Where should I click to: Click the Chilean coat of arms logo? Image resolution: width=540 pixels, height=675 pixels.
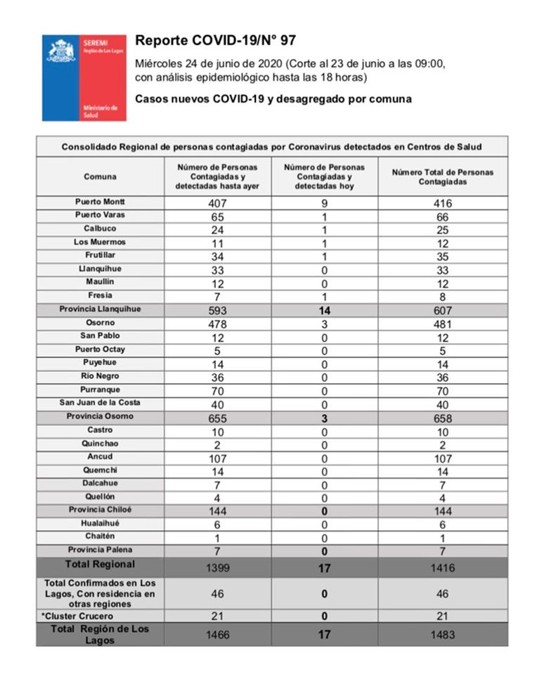[x=61, y=51]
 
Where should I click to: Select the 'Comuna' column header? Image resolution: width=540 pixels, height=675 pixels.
[x=100, y=176]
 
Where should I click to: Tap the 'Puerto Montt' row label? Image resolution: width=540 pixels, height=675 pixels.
[x=100, y=202]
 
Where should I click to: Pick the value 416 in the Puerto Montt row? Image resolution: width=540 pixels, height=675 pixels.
[x=442, y=203]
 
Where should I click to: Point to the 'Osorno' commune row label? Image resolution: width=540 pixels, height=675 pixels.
[x=100, y=323]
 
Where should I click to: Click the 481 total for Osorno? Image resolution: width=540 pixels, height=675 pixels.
[x=442, y=323]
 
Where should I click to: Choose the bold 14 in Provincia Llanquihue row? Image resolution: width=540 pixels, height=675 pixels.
[x=324, y=310]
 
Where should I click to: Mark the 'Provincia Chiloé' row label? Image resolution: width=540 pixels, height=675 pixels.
[x=100, y=510]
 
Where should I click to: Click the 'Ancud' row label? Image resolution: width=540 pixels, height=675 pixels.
[x=100, y=457]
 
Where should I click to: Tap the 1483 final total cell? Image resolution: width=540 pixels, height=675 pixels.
[x=442, y=634]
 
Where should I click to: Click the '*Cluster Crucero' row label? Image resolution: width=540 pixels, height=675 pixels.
[x=100, y=616]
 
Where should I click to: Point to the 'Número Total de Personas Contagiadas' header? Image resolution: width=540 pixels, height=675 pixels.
[x=442, y=176]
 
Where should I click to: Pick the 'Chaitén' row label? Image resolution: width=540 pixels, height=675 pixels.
[x=100, y=536]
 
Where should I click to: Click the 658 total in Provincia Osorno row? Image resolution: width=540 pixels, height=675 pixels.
[x=442, y=417]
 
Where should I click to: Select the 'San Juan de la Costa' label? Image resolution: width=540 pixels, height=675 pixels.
[x=100, y=403]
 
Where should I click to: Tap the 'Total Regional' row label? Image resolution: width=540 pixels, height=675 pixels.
[x=100, y=565]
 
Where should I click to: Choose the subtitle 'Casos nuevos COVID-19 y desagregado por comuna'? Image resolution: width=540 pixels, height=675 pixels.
[x=273, y=99]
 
